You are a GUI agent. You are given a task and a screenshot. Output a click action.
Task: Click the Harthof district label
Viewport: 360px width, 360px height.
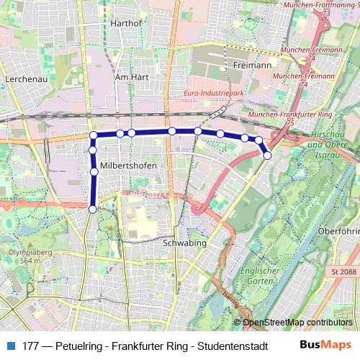126,23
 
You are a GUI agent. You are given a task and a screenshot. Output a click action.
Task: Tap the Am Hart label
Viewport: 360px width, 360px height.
131,76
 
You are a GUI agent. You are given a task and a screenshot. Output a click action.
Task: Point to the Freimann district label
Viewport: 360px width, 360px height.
251,65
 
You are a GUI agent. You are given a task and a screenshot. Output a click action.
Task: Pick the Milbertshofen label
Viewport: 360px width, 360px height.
128,166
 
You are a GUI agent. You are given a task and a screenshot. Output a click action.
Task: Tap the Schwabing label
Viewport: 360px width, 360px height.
185,243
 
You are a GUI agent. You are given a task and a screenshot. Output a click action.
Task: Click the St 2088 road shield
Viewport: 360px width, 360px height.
343,271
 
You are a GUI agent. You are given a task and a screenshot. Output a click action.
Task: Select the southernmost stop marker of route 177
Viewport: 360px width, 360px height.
92,209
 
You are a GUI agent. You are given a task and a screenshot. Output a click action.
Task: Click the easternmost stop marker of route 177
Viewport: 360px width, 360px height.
267,155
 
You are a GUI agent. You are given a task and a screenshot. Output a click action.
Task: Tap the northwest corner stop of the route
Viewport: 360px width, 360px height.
93,135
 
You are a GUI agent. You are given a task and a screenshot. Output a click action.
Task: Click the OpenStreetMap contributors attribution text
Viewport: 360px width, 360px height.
297,322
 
